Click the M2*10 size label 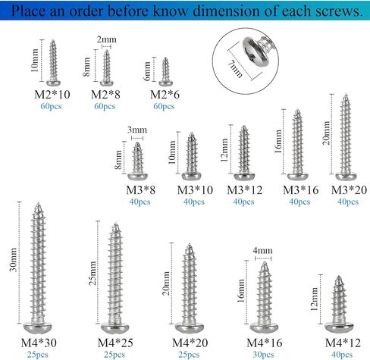coord(52,95)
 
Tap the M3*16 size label coord(300,190)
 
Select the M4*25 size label coord(115,343)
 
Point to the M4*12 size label coord(343,343)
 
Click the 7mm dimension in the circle coord(235,69)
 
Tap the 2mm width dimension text coord(107,39)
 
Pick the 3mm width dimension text coord(137,130)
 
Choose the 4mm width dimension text coord(262,250)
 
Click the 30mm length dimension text coord(13,260)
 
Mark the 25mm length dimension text coord(92,273)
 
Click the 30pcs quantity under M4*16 coord(263,355)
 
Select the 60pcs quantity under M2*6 coord(164,106)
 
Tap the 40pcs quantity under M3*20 coord(348,202)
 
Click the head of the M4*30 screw coord(38,327)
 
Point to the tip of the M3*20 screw coord(346,95)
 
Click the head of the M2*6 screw coord(165,83)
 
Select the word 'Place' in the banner coord(28,11)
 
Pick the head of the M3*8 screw coord(138,177)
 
